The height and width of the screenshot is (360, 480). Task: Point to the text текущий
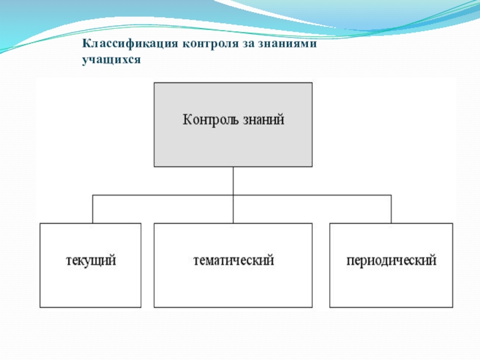(x=91, y=262)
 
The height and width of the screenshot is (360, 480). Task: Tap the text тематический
(x=233, y=262)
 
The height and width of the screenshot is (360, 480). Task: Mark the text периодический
(x=391, y=262)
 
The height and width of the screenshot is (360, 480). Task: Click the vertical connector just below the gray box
(x=233, y=180)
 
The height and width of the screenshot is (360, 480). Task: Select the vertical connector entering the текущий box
(x=92, y=209)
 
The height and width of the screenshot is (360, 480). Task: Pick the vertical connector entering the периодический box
(x=391, y=209)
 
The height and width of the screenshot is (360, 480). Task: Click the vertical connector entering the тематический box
(x=233, y=209)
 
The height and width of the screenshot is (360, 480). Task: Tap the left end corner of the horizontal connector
(x=92, y=195)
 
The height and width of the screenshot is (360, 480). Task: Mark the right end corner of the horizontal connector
(x=391, y=195)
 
